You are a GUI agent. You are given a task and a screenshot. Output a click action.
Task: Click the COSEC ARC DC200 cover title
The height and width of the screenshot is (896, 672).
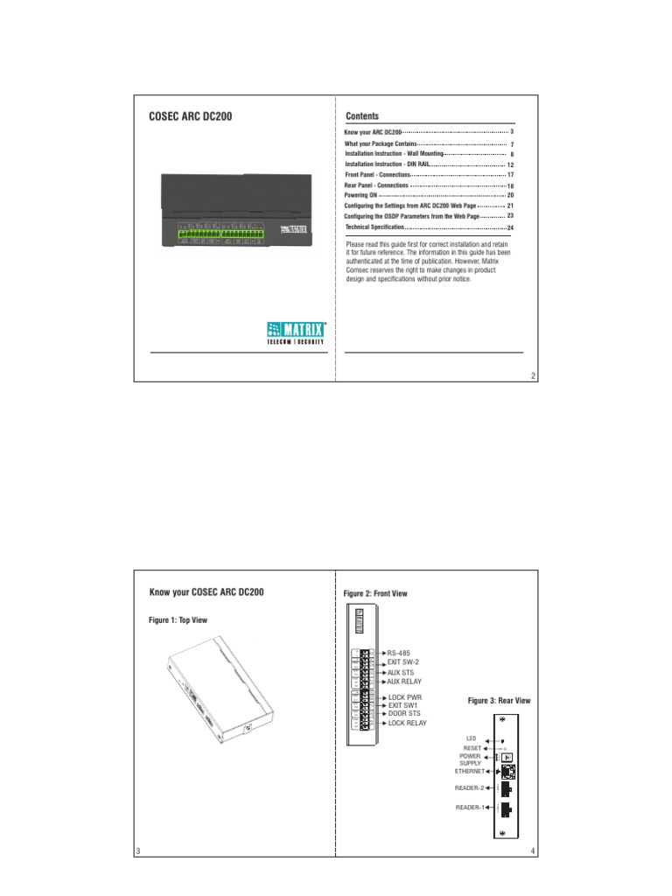190,115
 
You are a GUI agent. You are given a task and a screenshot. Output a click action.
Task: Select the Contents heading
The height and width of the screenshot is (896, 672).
362,115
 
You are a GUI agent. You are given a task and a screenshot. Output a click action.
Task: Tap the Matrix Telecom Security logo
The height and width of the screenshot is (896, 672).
297,332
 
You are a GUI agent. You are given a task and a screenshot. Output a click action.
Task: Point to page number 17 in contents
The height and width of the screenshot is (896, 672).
510,175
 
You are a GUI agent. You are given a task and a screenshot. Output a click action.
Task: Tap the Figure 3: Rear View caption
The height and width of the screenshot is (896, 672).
499,701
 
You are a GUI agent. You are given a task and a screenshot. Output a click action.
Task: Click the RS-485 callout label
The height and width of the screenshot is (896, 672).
399,653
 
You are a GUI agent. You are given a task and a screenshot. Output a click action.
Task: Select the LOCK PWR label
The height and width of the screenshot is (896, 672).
404,696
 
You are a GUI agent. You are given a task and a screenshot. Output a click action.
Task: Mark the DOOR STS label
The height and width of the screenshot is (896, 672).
404,714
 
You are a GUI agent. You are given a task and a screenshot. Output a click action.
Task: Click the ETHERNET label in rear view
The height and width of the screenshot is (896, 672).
469,773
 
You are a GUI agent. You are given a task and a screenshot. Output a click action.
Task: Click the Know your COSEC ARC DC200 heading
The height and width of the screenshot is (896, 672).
206,592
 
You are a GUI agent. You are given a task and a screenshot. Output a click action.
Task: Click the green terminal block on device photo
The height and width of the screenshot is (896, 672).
220,234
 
